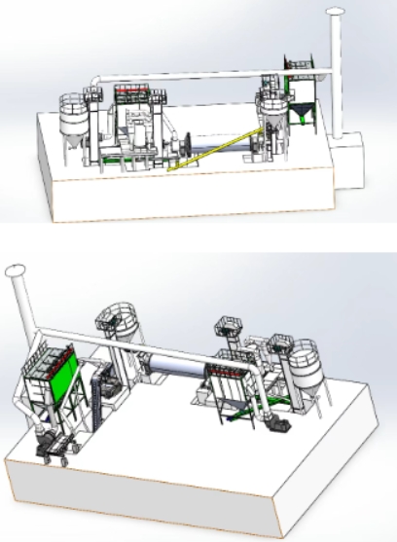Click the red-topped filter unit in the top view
pos(136,95)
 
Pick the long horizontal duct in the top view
pos(195,78)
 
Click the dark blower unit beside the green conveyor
pos(274,424)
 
